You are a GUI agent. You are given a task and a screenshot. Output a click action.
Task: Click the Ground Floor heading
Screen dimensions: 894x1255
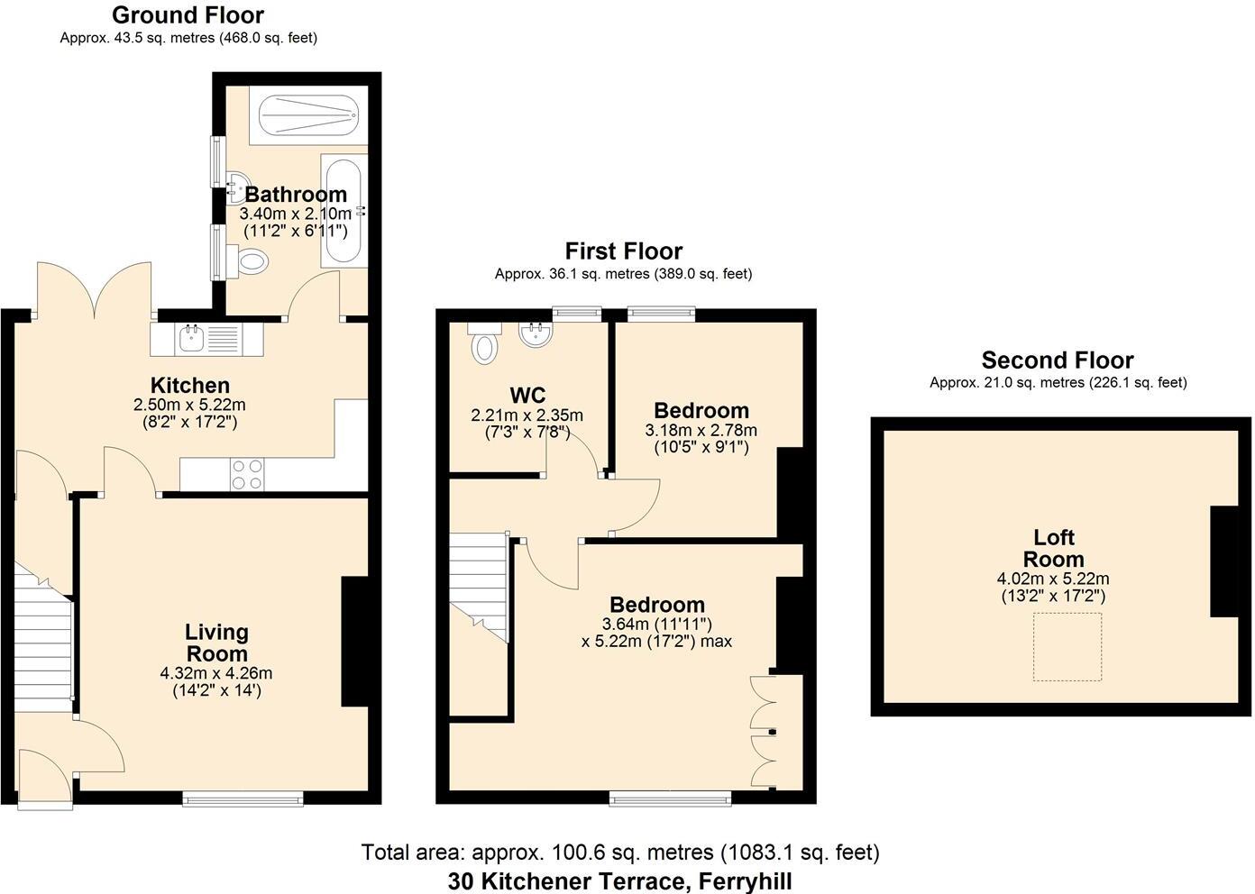[188, 15]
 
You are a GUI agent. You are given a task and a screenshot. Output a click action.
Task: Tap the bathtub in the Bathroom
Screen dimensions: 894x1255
[343, 210]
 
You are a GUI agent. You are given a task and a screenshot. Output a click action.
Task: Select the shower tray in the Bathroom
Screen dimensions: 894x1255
[308, 114]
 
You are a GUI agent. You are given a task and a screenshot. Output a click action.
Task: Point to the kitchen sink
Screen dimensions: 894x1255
[192, 340]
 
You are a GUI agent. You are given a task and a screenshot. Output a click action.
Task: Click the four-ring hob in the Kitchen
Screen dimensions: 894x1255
[247, 475]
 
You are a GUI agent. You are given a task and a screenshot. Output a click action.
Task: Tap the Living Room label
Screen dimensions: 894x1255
[216, 643]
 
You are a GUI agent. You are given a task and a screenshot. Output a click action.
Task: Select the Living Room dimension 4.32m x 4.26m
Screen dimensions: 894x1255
[216, 673]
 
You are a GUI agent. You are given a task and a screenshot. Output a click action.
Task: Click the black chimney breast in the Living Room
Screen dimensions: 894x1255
[354, 641]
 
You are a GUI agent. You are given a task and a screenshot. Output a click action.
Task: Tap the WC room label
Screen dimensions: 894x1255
[527, 396]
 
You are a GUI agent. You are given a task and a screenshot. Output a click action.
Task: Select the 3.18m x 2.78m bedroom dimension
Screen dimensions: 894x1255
[701, 431]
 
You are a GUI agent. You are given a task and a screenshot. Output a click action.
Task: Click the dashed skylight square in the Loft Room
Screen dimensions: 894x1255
[1067, 647]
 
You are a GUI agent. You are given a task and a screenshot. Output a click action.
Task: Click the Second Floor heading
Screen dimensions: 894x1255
[1058, 360]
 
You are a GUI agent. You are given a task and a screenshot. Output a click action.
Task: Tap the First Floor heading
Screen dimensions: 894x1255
[623, 251]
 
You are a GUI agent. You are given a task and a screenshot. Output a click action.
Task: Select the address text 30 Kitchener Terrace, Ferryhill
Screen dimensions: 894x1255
[620, 880]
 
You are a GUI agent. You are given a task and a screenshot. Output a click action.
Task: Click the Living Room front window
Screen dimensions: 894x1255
[243, 798]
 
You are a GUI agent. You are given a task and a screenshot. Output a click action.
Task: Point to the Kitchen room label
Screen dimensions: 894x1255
[189, 386]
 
